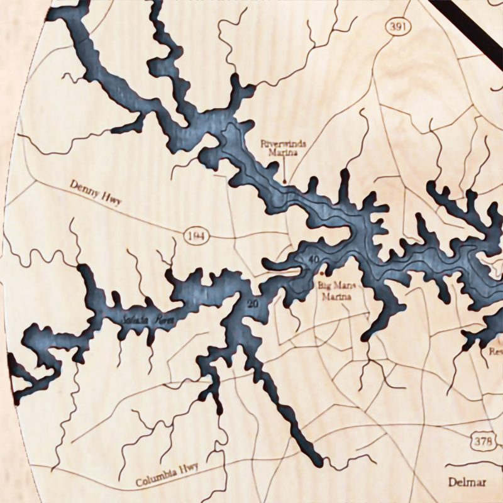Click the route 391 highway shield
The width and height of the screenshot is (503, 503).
tap(395, 26)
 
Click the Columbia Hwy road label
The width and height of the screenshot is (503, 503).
tap(167, 475)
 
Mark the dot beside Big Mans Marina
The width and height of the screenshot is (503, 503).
tap(323, 274)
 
